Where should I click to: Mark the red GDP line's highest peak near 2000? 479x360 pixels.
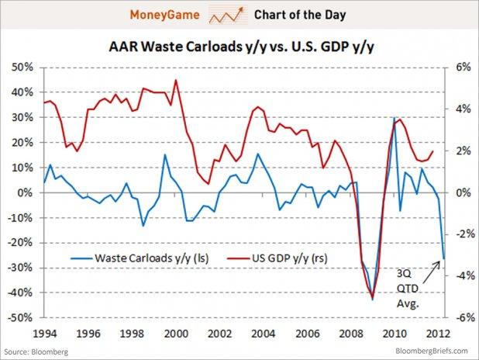(176, 80)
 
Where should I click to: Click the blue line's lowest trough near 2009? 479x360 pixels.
(373, 299)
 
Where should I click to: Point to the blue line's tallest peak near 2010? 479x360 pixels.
(395, 119)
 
